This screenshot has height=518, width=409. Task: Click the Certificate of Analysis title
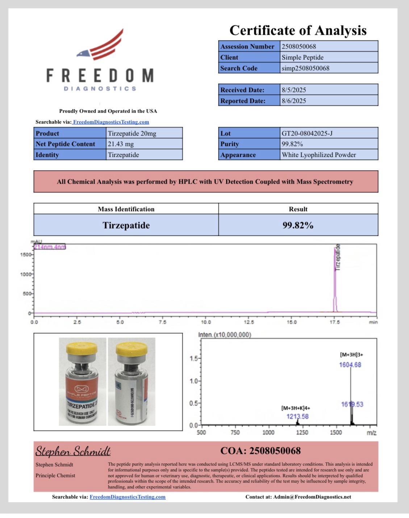pyautogui.click(x=298, y=30)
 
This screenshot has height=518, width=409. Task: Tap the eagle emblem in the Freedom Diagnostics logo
pyautogui.click(x=83, y=54)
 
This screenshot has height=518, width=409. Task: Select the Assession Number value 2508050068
pyautogui.click(x=299, y=46)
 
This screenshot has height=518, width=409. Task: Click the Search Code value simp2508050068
pyautogui.click(x=305, y=68)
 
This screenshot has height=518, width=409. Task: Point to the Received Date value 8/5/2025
pyautogui.click(x=294, y=90)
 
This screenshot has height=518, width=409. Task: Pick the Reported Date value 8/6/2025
pyautogui.click(x=294, y=101)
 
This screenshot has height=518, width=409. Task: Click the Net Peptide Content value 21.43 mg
pyautogui.click(x=121, y=144)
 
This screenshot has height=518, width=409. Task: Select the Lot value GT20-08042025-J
pyautogui.click(x=307, y=133)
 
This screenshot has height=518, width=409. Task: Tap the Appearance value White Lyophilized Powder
pyautogui.click(x=319, y=155)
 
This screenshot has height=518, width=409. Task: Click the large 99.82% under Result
pyautogui.click(x=298, y=225)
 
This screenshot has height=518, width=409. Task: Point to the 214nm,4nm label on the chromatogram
pyautogui.click(x=50, y=247)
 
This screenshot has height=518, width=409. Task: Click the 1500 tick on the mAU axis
pyautogui.click(x=26, y=255)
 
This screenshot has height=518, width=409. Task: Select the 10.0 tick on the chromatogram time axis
pyautogui.click(x=205, y=322)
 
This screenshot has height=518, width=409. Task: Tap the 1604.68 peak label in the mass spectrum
pyautogui.click(x=350, y=365)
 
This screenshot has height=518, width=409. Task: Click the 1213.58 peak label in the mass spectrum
pyautogui.click(x=297, y=416)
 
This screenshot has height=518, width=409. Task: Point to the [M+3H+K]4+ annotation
pyautogui.click(x=296, y=408)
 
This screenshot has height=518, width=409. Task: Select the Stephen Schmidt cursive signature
pyautogui.click(x=73, y=451)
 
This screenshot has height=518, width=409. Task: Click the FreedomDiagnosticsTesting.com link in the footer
pyautogui.click(x=128, y=497)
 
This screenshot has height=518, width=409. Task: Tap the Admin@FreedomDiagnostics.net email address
pyautogui.click(x=312, y=497)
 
